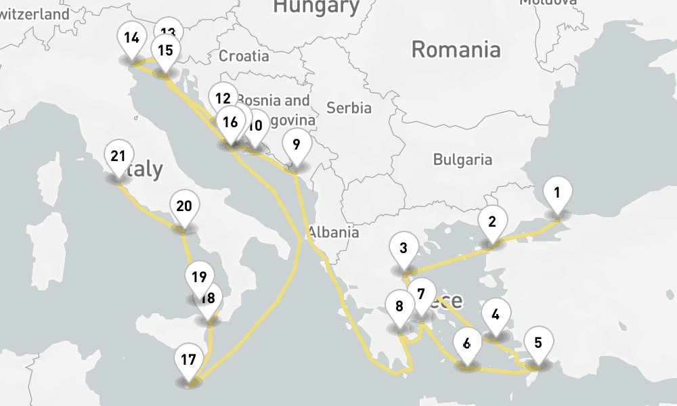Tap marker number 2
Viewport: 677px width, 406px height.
point(492,222)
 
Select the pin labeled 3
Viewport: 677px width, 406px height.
point(403,248)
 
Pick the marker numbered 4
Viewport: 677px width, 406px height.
point(496,315)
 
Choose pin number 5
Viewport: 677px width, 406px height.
point(538,342)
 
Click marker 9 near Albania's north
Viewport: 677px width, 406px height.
point(295,144)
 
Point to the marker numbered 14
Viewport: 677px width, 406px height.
point(131,38)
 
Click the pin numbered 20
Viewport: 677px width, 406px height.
point(184,207)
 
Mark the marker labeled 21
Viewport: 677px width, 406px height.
point(118,157)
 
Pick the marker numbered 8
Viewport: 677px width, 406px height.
point(399,307)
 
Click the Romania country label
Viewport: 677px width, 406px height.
point(456,49)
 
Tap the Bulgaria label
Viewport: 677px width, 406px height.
point(462,160)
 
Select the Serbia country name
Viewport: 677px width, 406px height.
point(349,108)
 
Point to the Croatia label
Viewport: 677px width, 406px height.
point(244,56)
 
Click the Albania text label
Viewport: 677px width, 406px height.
point(333,232)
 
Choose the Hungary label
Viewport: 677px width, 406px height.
point(315,7)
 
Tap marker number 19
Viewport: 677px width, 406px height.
point(198,277)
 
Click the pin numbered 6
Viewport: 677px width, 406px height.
point(466,343)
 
